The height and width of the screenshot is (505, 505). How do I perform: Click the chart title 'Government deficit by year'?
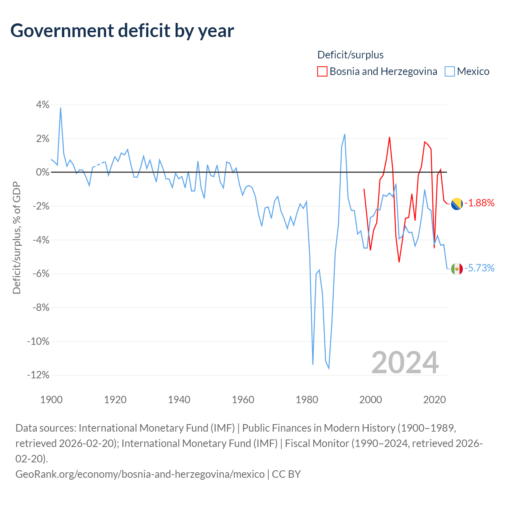tap(122, 30)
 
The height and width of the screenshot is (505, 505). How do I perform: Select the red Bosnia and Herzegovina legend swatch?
tap(322, 71)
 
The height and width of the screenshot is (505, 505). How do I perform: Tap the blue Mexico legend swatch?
tap(449, 71)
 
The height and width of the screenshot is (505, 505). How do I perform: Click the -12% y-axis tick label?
tap(38, 375)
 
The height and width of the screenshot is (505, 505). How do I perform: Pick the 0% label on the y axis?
tap(43, 172)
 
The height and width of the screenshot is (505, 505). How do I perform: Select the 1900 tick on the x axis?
tap(51, 400)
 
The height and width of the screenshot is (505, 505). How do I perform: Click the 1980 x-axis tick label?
tap(307, 400)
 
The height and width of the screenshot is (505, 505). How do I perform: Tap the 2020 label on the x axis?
tap(434, 400)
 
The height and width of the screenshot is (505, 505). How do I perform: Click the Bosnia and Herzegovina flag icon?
tap(457, 204)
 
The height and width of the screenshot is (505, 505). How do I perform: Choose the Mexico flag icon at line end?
tap(457, 269)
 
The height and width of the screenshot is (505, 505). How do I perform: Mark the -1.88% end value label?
tap(480, 203)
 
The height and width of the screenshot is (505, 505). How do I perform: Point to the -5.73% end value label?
tap(480, 268)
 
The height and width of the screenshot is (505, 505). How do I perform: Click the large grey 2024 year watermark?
tap(405, 363)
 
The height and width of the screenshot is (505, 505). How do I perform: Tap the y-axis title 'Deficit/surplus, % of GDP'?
tap(17, 238)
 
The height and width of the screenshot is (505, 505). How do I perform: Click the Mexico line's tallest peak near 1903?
tap(60, 108)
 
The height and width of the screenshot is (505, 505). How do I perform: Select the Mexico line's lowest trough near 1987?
tap(329, 368)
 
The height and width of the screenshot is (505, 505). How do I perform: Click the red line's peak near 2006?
tap(389, 137)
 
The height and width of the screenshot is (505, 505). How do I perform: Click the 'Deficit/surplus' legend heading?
tap(350, 55)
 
